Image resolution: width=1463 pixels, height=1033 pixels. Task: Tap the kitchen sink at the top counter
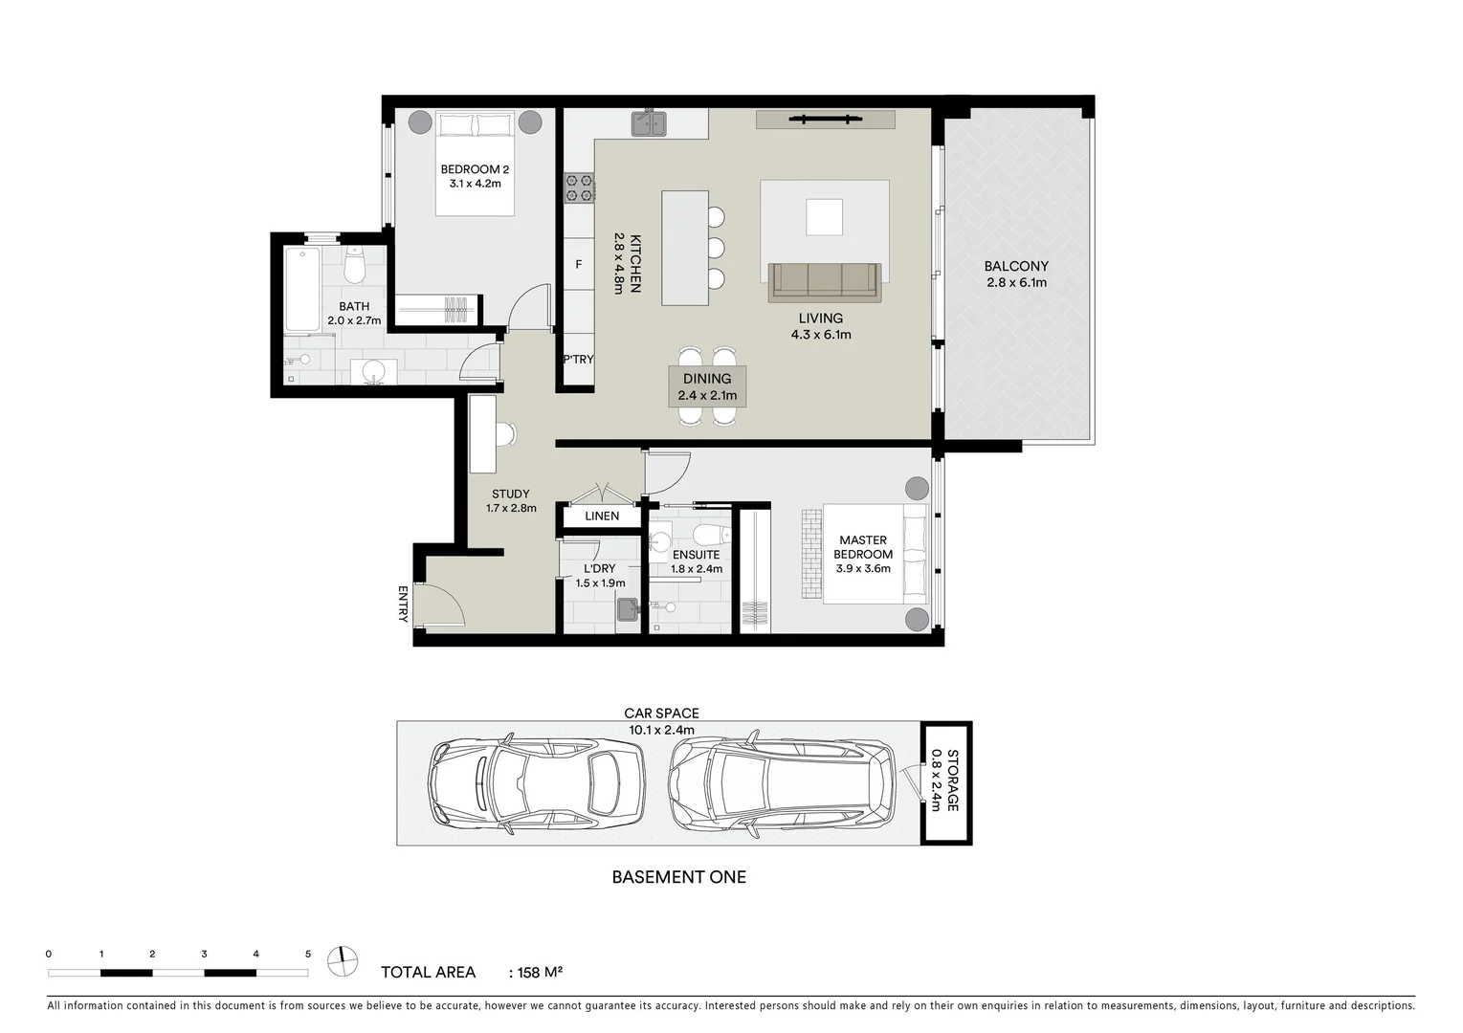[650, 123]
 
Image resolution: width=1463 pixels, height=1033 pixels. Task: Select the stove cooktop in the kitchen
[580, 187]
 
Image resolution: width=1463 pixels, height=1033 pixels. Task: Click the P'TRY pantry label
[578, 360]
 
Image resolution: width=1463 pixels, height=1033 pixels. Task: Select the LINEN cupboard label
[602, 516]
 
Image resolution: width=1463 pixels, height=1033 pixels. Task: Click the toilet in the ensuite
[708, 534]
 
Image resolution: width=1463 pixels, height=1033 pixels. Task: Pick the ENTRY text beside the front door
[403, 604]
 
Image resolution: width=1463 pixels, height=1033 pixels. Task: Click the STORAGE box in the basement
[945, 782]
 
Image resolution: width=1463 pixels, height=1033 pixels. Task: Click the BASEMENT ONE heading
[678, 877]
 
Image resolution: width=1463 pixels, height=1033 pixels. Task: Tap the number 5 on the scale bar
[307, 954]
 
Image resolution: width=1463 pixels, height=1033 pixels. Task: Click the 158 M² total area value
[540, 973]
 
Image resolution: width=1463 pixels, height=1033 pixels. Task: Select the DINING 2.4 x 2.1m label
[707, 386]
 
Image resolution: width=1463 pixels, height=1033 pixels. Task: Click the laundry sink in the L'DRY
[628, 609]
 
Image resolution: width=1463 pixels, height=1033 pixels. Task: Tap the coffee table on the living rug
[824, 216]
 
